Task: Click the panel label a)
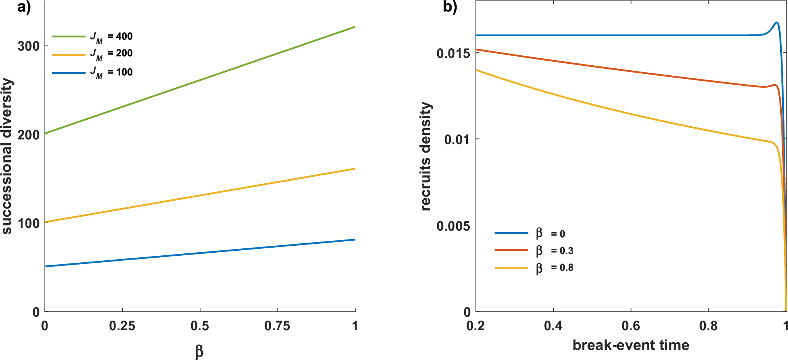pyautogui.click(x=24, y=7)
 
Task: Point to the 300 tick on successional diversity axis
pyautogui.click(x=29, y=46)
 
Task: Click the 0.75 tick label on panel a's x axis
pyautogui.click(x=277, y=326)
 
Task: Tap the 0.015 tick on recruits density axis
pyautogui.click(x=453, y=53)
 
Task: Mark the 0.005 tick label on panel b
pyautogui.click(x=453, y=226)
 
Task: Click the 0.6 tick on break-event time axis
pyautogui.click(x=630, y=326)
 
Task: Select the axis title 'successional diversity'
pyautogui.click(x=7, y=156)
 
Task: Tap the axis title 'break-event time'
pyautogui.click(x=630, y=345)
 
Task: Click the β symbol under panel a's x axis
pyautogui.click(x=199, y=351)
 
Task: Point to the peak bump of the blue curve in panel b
pyautogui.click(x=776, y=22)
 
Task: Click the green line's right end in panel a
pyautogui.click(x=354, y=27)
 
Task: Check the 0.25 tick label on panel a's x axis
pyautogui.click(x=122, y=326)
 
